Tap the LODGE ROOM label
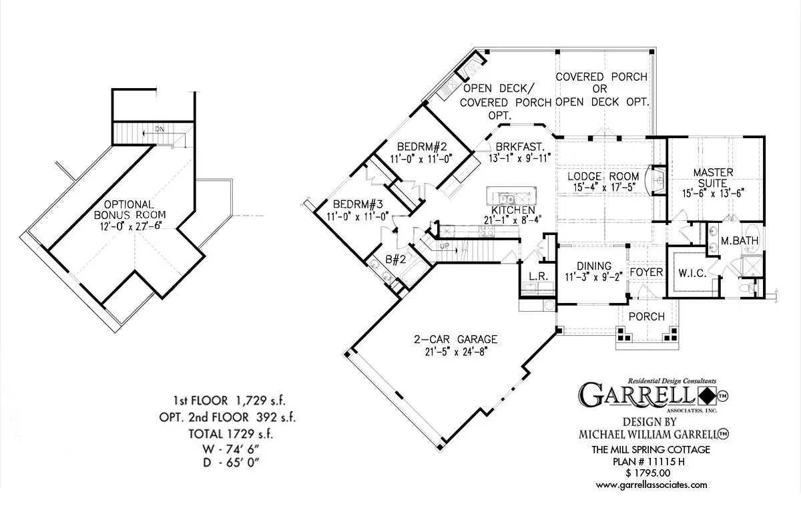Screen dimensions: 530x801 click(x=603, y=177)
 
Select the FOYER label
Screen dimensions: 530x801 click(x=646, y=272)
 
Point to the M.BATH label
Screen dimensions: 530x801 click(x=740, y=240)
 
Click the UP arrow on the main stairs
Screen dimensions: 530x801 click(x=444, y=246)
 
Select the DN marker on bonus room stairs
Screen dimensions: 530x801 click(x=160, y=129)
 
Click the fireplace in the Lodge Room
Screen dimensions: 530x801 click(x=657, y=178)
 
